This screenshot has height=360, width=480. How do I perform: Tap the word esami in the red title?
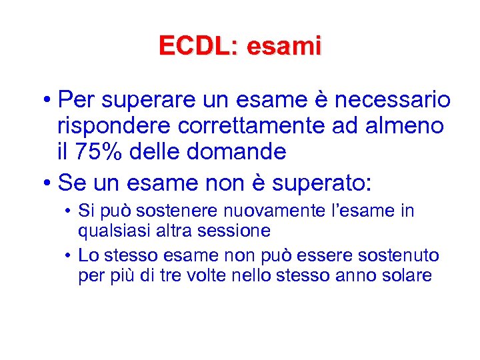(x=283, y=45)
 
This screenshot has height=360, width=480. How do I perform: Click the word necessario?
(x=393, y=101)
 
